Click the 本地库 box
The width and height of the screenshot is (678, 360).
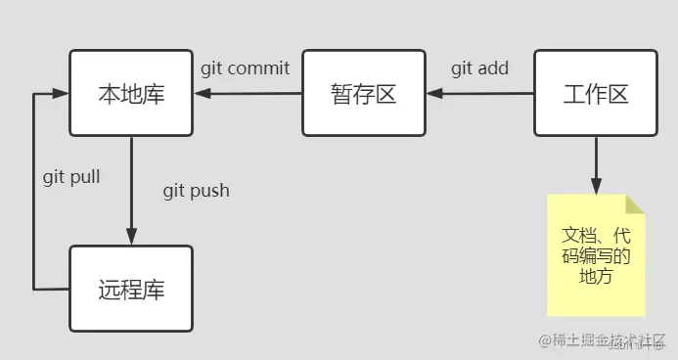click(x=130, y=94)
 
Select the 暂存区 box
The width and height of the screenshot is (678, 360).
click(x=363, y=94)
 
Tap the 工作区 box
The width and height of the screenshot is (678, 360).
click(x=595, y=94)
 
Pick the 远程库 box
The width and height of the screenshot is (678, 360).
click(x=130, y=289)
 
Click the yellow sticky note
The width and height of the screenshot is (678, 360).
click(x=595, y=254)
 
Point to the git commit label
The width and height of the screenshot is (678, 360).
click(x=245, y=68)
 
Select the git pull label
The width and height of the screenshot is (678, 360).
click(x=71, y=178)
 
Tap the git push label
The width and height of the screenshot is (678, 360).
click(x=196, y=190)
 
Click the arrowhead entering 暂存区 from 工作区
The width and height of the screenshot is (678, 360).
click(x=432, y=94)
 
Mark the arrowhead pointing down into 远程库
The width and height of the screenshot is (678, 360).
click(x=130, y=237)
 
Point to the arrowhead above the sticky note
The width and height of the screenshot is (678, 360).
click(x=595, y=186)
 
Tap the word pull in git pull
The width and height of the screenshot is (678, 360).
click(x=85, y=178)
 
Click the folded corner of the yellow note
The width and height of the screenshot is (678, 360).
click(x=635, y=204)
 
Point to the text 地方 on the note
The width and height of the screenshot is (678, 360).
click(x=595, y=277)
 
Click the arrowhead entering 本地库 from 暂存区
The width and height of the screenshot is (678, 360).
click(x=200, y=94)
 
